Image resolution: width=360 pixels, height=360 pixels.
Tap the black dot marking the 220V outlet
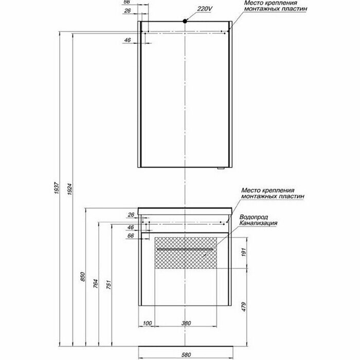point(184,21)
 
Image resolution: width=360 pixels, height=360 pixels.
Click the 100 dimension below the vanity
point(148,323)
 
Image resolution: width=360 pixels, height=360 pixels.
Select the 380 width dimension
point(187,323)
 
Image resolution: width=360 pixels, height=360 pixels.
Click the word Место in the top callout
point(253,3)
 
